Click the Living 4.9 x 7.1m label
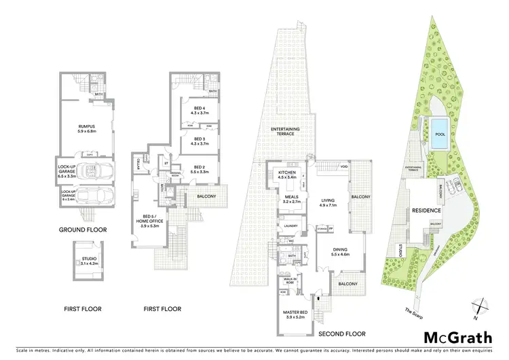pos(329,200)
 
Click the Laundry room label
pos(292,226)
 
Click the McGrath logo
pos(459,338)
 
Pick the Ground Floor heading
pos(83,230)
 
